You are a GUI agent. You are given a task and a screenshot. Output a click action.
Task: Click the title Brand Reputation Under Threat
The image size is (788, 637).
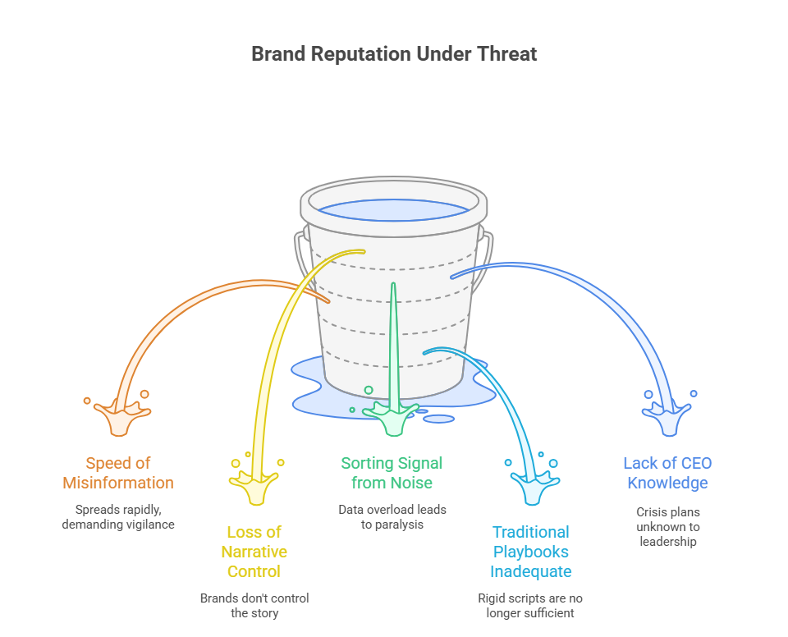click(x=394, y=54)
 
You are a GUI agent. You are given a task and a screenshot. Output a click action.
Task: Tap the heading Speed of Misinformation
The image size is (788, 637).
click(x=118, y=473)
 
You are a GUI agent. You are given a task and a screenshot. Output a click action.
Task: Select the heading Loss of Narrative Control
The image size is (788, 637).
click(x=254, y=552)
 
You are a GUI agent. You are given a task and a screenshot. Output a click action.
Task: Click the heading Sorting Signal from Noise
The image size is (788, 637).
click(x=392, y=473)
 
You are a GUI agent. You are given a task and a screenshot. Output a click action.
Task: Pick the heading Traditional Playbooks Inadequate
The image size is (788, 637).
click(x=531, y=552)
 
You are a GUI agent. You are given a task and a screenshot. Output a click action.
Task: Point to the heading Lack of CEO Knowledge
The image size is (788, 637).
click(x=667, y=473)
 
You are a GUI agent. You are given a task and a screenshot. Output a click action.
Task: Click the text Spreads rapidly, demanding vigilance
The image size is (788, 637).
click(x=118, y=517)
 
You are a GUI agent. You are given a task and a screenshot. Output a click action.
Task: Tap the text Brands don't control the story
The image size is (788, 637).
click(x=254, y=606)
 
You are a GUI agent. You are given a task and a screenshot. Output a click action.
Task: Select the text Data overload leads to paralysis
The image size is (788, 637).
click(x=392, y=517)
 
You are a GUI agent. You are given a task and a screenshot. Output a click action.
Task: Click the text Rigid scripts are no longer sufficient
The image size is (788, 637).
click(x=531, y=606)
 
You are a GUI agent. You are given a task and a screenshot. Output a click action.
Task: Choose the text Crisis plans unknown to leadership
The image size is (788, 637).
click(x=667, y=526)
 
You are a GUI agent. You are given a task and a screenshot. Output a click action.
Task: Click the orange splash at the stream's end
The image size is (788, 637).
click(x=121, y=417)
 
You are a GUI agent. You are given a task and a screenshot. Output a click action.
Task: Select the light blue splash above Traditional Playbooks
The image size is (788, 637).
click(x=530, y=486)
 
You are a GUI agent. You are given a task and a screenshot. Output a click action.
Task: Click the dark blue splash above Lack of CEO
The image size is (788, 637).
click(x=667, y=417)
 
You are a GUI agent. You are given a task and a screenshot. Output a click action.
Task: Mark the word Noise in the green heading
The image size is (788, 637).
click(x=412, y=483)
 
